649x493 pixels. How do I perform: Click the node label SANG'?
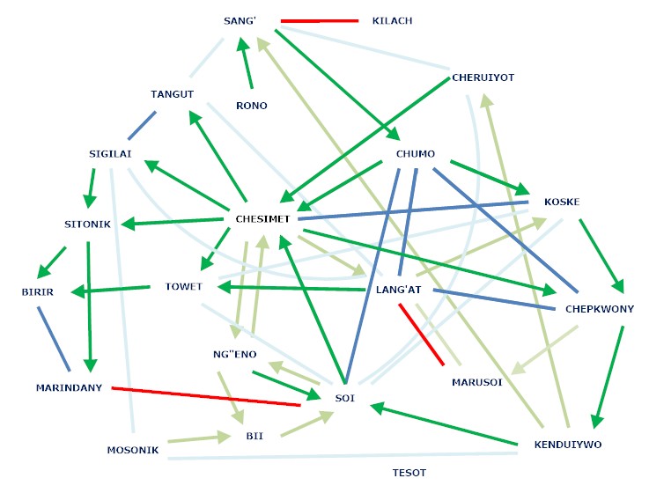240,20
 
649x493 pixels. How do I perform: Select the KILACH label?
393,20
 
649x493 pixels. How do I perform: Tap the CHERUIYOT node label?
483,77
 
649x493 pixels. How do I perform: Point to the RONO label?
252,106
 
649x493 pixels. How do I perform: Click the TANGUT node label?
172,94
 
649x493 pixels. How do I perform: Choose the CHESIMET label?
263,218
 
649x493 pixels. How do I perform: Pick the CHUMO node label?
416,154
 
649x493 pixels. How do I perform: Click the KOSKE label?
562,202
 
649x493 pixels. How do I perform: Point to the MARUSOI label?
477,383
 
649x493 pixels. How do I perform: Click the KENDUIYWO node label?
568,445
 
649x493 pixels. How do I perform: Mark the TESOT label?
409,473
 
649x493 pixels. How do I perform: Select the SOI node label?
344,399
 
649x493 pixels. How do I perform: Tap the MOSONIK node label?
132,450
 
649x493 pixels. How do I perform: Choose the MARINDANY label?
70,387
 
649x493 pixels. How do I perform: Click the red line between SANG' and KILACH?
320,20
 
